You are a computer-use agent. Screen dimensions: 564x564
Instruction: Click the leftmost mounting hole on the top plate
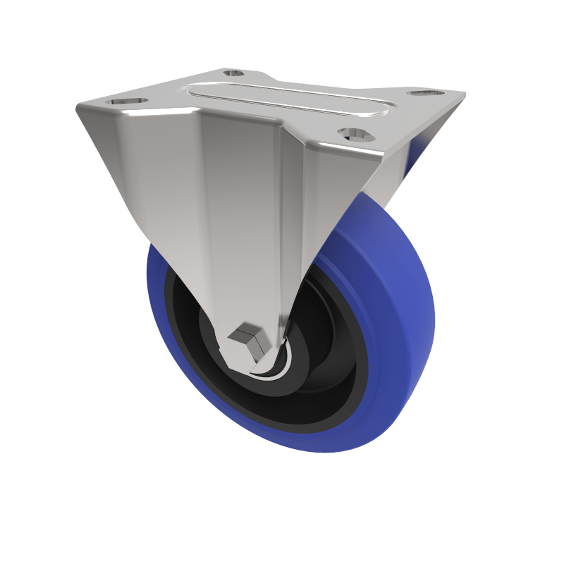tap(128, 102)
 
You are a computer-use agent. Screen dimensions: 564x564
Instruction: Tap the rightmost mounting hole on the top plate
tap(427, 94)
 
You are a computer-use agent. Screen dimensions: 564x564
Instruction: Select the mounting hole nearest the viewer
tap(355, 133)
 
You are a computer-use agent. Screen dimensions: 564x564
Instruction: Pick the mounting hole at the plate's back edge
tap(233, 73)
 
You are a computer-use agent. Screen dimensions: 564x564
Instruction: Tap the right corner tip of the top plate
tap(464, 94)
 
